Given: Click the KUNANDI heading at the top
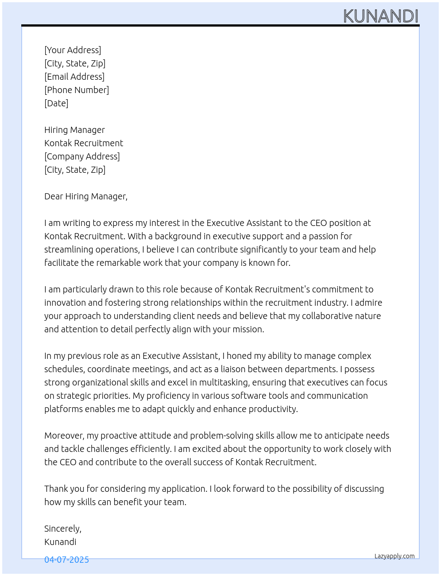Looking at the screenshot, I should coord(381,16).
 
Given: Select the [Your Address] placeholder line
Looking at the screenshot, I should coord(73,50).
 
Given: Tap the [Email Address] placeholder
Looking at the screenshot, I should coord(74,77).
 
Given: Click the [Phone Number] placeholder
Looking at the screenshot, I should coord(77,90).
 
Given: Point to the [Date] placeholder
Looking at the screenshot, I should coord(56,103).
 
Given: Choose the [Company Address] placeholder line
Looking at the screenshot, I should coord(82,156).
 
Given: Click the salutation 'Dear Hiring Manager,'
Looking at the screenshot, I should coord(86,196).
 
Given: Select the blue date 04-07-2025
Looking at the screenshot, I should coord(66,560).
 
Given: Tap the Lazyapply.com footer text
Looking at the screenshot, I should coord(395,556).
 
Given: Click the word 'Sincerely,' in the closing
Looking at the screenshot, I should coord(63,529).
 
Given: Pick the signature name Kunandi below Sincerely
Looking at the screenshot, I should coord(60,542).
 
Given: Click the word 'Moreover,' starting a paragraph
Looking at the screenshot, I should coord(64,436).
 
